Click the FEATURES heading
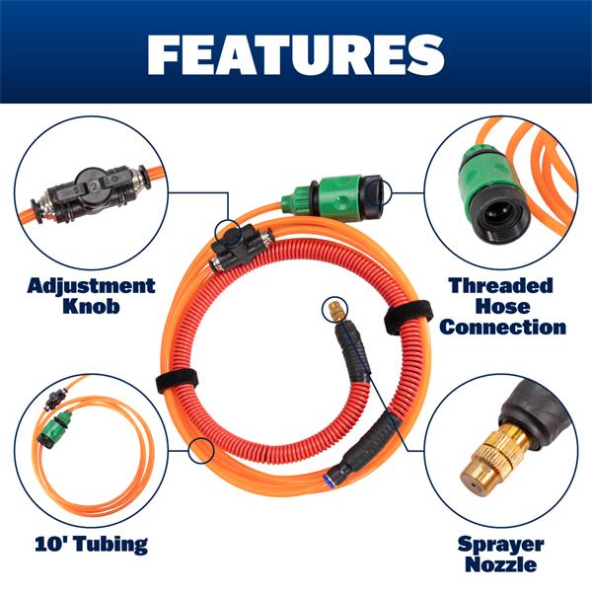(296, 55)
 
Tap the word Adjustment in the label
(92, 286)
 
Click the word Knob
(91, 306)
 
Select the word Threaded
(501, 285)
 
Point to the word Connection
(502, 327)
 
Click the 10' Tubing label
(92, 544)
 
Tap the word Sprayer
(500, 545)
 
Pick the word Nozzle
(500, 564)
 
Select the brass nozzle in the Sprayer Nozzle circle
(490, 458)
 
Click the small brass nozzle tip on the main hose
(334, 310)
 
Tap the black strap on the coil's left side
(178, 381)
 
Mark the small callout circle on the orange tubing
(201, 451)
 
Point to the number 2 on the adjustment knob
(95, 185)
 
